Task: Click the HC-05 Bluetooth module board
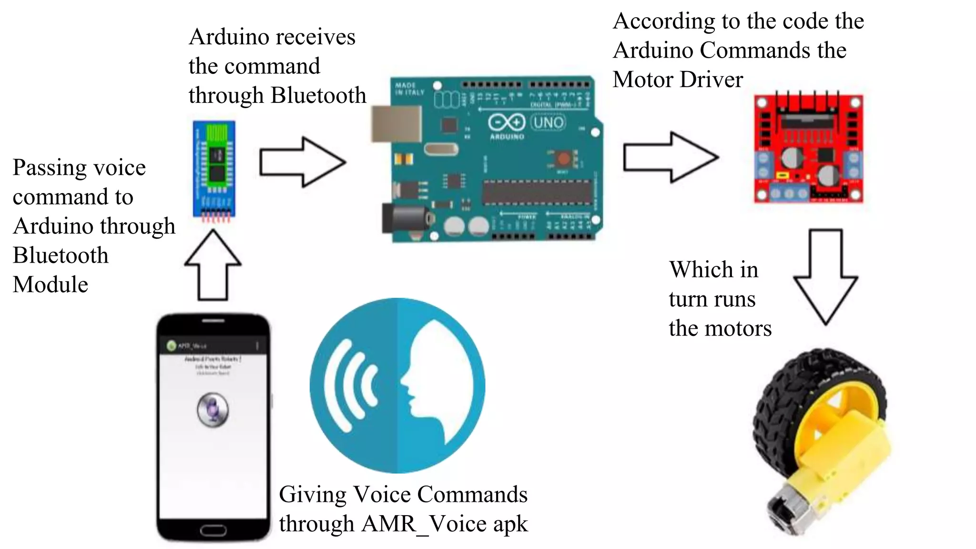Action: point(214,169)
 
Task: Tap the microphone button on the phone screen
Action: point(213,410)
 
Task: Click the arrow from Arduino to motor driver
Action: point(670,157)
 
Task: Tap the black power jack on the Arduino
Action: point(405,219)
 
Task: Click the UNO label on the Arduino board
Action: point(548,123)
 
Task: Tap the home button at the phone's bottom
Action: point(213,530)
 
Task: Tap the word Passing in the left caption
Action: point(46,168)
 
